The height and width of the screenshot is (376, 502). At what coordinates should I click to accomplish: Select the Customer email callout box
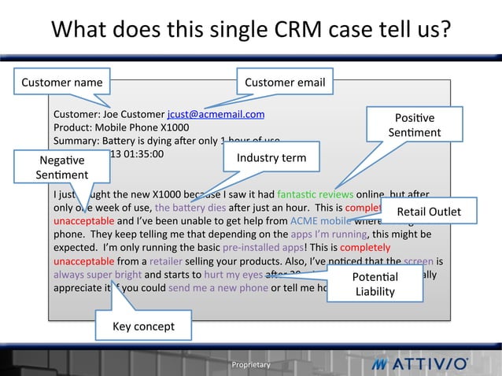(x=285, y=81)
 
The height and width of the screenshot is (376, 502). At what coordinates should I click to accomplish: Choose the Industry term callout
(x=271, y=157)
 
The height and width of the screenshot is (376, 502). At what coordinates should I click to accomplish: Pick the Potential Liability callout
(x=375, y=284)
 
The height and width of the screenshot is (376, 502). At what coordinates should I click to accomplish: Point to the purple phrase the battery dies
(x=186, y=208)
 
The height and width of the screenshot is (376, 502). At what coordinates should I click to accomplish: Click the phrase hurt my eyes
(x=232, y=275)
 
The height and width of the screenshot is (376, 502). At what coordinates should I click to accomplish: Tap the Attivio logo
(x=421, y=364)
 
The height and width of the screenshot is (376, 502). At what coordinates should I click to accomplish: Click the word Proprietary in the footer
(x=250, y=365)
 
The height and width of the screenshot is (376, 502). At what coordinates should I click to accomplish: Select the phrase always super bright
(x=98, y=275)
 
